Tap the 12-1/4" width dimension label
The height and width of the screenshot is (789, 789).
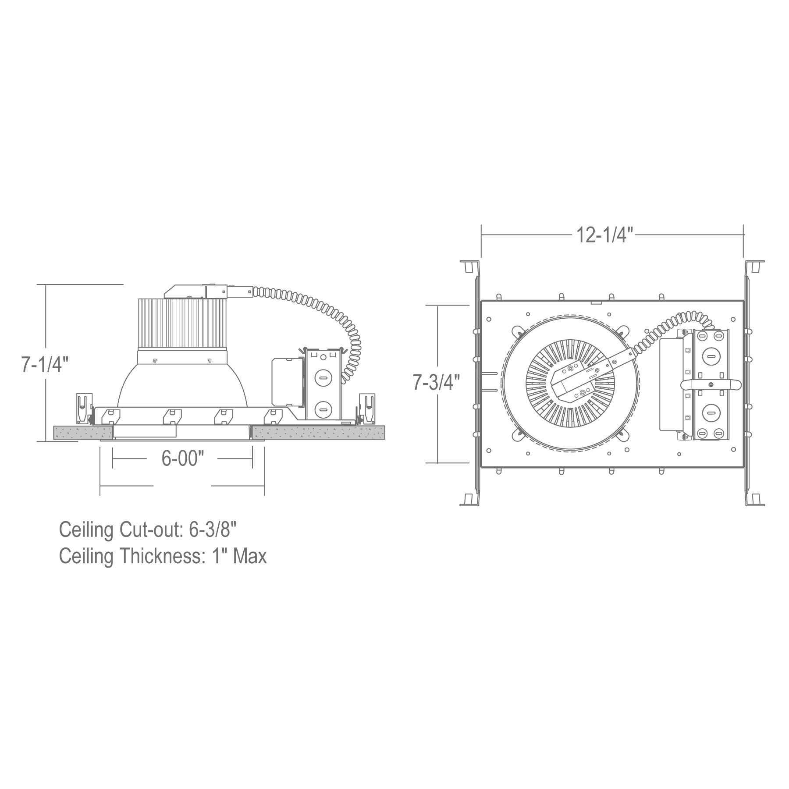coord(605,235)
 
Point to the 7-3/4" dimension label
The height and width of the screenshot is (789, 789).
coord(437,383)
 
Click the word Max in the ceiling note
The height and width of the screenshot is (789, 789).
coord(250,556)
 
